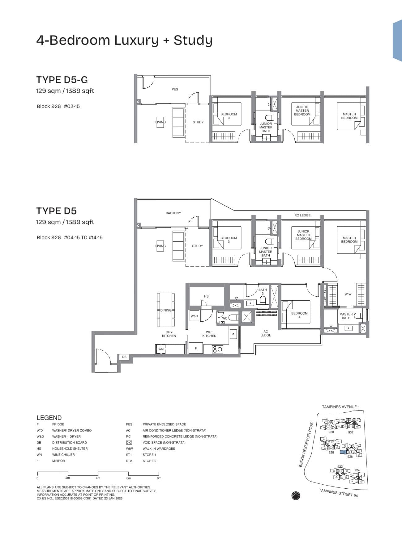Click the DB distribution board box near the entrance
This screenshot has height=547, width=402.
point(124,357)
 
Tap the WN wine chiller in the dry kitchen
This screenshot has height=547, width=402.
point(160,349)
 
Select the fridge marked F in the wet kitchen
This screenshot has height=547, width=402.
point(196,348)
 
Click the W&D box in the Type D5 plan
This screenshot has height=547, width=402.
point(194,316)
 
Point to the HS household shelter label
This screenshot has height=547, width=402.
point(206,296)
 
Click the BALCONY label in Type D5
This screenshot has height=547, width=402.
point(173,213)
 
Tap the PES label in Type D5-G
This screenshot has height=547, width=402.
point(175,89)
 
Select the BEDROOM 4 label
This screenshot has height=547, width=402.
point(299,315)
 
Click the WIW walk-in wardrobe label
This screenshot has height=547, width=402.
point(348,294)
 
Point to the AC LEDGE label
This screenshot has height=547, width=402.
point(266,333)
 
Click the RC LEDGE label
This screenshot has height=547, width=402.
point(302,215)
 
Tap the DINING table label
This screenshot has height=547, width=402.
point(166,310)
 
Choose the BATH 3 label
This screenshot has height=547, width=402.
point(263,291)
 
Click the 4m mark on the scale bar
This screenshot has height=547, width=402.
point(98,478)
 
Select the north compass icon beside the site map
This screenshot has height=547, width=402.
point(296,496)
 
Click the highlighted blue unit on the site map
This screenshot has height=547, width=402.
point(343,452)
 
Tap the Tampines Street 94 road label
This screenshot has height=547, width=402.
point(338,493)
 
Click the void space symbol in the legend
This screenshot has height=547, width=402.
point(129,442)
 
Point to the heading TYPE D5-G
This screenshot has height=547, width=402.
point(62,80)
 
